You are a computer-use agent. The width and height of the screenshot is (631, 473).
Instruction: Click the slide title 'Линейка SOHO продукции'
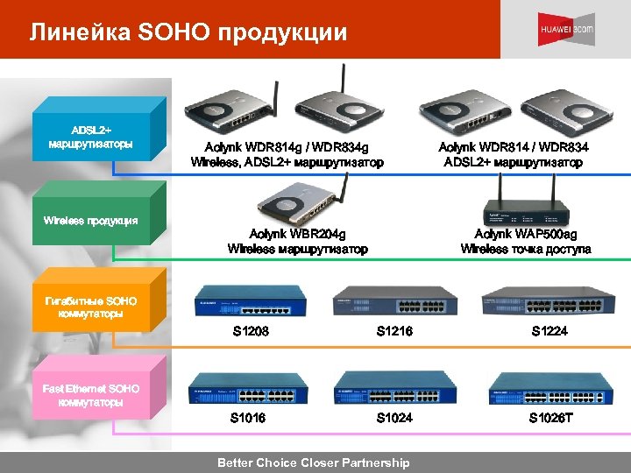[188, 32]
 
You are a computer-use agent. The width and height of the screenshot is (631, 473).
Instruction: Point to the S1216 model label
[394, 331]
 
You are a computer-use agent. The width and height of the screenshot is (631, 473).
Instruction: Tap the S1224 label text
[549, 331]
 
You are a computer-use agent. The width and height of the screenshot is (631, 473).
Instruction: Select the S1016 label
[248, 418]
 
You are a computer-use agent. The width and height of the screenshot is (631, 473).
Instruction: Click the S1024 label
[394, 418]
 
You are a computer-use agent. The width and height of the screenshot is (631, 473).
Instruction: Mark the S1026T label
[550, 418]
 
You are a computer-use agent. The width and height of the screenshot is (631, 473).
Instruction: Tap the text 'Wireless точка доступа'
[525, 250]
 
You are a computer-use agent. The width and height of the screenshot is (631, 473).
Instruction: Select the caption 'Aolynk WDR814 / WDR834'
[513, 146]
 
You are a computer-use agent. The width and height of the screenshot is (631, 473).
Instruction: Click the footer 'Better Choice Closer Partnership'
[313, 462]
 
